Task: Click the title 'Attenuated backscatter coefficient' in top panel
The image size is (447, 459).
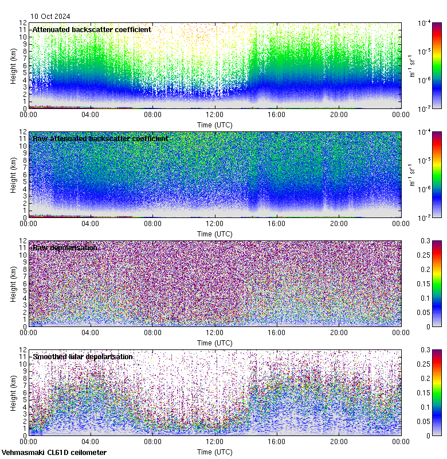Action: pos(92,29)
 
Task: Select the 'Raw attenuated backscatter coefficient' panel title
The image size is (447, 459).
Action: pos(100,138)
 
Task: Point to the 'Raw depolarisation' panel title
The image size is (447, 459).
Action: pos(64,247)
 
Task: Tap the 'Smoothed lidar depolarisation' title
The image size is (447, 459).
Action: pos(83,356)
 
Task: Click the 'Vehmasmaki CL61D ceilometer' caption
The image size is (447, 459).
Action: pos(54,453)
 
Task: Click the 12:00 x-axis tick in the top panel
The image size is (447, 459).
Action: pos(215,115)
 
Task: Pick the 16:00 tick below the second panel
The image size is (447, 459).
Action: pos(277,224)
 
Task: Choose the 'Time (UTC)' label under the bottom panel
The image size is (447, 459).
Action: pos(215,452)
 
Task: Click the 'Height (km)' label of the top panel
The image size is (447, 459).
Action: pos(13,65)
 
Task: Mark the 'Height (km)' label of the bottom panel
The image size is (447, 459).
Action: pos(13,392)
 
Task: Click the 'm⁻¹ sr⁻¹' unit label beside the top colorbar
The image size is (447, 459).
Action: pos(411,65)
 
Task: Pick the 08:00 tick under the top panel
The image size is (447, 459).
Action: pos(152,115)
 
